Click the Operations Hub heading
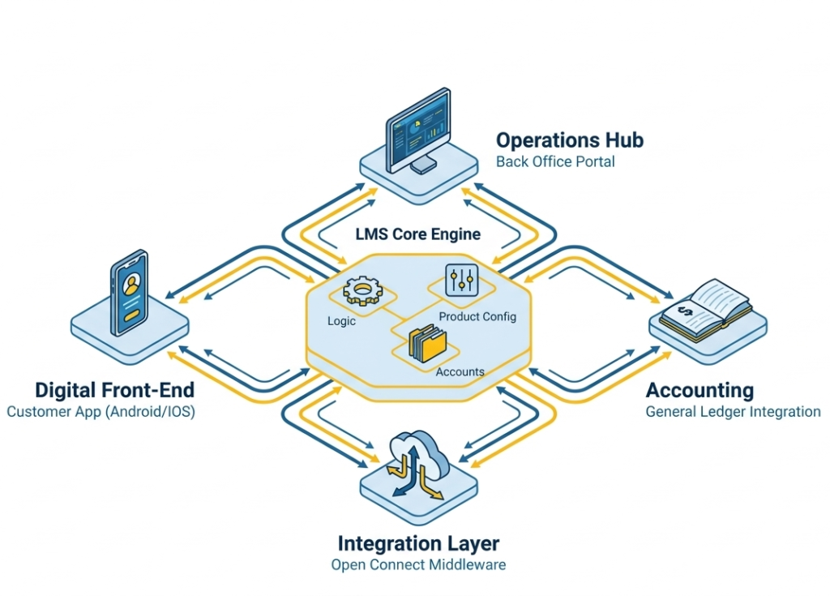569,140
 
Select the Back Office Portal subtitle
555,161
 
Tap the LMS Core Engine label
417,234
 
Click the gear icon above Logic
362,291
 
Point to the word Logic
341,321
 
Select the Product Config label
477,316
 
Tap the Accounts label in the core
460,372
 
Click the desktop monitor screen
418,130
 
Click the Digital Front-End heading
114,390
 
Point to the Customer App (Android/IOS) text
101,412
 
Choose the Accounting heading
700,390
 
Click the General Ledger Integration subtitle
733,412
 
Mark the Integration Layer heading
418,543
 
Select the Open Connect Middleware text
418,564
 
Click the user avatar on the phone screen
130,285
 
